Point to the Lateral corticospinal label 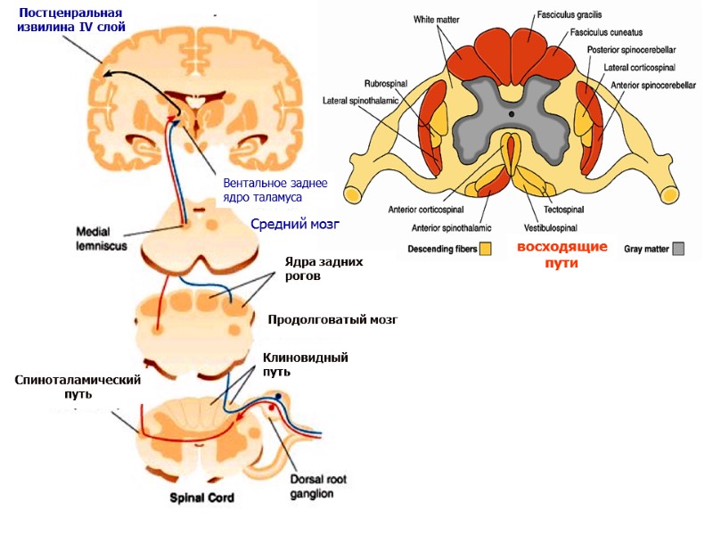pyautogui.click(x=638, y=67)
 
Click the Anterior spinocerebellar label pyautogui.click(x=652, y=85)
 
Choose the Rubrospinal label pyautogui.click(x=386, y=83)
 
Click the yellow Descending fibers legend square pyautogui.click(x=486, y=248)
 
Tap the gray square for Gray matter pyautogui.click(x=679, y=248)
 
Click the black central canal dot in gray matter pyautogui.click(x=511, y=114)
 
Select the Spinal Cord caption pyautogui.click(x=201, y=498)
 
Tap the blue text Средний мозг pyautogui.click(x=295, y=223)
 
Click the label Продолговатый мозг pyautogui.click(x=332, y=319)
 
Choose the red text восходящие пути pyautogui.click(x=562, y=254)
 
